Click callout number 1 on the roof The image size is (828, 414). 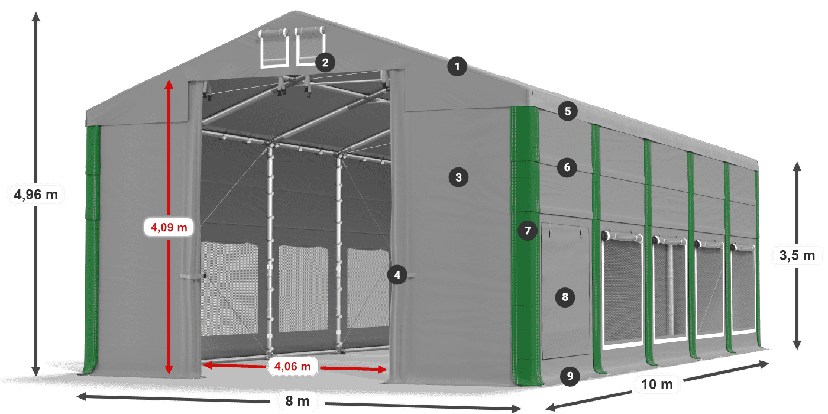pyautogui.click(x=457, y=66)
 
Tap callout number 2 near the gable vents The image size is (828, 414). pyautogui.click(x=325, y=62)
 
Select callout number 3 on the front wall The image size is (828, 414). pyautogui.click(x=458, y=177)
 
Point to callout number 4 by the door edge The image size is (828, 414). pyautogui.click(x=397, y=275)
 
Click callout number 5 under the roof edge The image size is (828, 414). pyautogui.click(x=568, y=111)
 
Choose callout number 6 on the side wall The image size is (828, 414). pyautogui.click(x=567, y=167)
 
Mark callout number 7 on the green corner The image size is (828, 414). pyautogui.click(x=528, y=231)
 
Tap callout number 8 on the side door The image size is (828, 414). pyautogui.click(x=565, y=297)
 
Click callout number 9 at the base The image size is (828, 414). pyautogui.click(x=570, y=376)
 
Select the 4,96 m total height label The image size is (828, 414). pyautogui.click(x=36, y=195)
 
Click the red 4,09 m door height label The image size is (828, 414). pyautogui.click(x=169, y=227)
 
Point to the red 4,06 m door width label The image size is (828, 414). pyautogui.click(x=292, y=366)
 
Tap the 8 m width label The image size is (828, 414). pyautogui.click(x=297, y=401)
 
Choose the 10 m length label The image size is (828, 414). pyautogui.click(x=657, y=384)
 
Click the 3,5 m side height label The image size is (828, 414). pyautogui.click(x=797, y=255)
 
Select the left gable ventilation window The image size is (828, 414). pyautogui.click(x=274, y=48)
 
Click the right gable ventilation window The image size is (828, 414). pyautogui.click(x=310, y=46)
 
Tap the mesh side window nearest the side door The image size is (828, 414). pyautogui.click(x=622, y=291)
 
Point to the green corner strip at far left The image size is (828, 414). pyautogui.click(x=92, y=250)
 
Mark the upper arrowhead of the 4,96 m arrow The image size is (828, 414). pyautogui.click(x=36, y=17)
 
